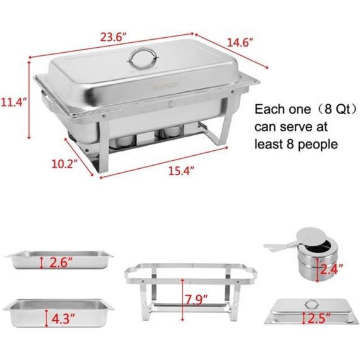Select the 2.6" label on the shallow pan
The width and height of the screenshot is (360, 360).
pos(61,262)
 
